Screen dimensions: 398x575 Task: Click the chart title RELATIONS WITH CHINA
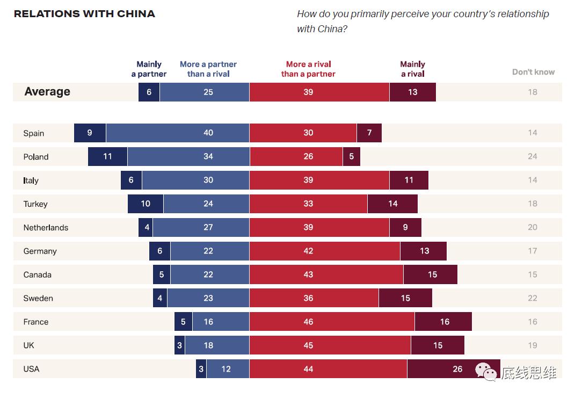(84, 14)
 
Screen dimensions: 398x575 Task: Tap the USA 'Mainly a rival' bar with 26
(454, 369)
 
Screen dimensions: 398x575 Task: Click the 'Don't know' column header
(533, 72)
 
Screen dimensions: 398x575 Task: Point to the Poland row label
(36, 157)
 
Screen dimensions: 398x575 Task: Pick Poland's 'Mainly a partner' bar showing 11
(107, 156)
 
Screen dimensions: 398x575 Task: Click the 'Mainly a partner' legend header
(149, 69)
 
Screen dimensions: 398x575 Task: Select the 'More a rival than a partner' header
(308, 69)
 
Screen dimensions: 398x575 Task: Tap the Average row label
(47, 92)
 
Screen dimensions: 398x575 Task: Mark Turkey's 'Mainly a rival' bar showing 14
(392, 204)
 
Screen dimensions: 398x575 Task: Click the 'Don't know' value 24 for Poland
(532, 156)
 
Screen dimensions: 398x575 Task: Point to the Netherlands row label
(46, 228)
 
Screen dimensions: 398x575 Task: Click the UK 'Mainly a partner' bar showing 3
(179, 345)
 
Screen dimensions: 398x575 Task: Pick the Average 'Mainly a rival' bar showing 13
(412, 92)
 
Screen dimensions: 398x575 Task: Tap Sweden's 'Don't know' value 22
(532, 298)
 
